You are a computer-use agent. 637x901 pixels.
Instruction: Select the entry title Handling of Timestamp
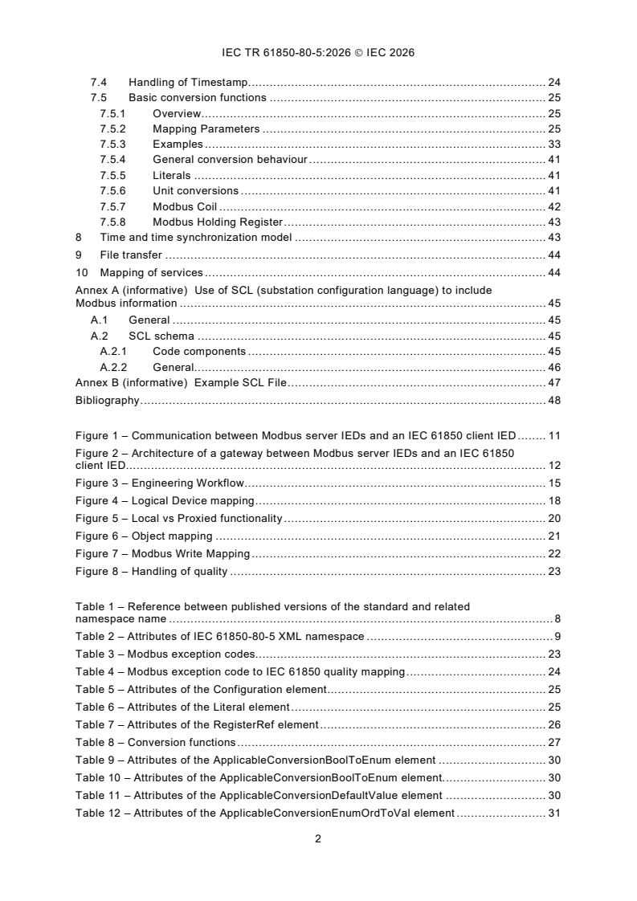click(x=190, y=83)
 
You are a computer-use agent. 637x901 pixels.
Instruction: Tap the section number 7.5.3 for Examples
click(x=113, y=145)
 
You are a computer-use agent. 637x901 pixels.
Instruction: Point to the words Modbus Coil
click(x=184, y=206)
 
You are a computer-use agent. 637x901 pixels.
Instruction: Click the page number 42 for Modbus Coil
click(x=553, y=206)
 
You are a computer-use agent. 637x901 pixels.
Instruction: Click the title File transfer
click(x=131, y=255)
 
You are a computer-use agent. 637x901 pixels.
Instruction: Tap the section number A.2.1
click(x=113, y=351)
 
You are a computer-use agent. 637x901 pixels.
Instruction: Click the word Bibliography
click(x=107, y=400)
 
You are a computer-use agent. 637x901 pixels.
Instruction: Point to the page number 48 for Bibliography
click(x=553, y=400)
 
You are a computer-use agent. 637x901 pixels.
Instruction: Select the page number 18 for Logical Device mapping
click(x=553, y=500)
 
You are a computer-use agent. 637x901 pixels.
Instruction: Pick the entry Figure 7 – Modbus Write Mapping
click(x=163, y=554)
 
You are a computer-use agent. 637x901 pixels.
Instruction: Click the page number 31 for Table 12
click(x=553, y=813)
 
